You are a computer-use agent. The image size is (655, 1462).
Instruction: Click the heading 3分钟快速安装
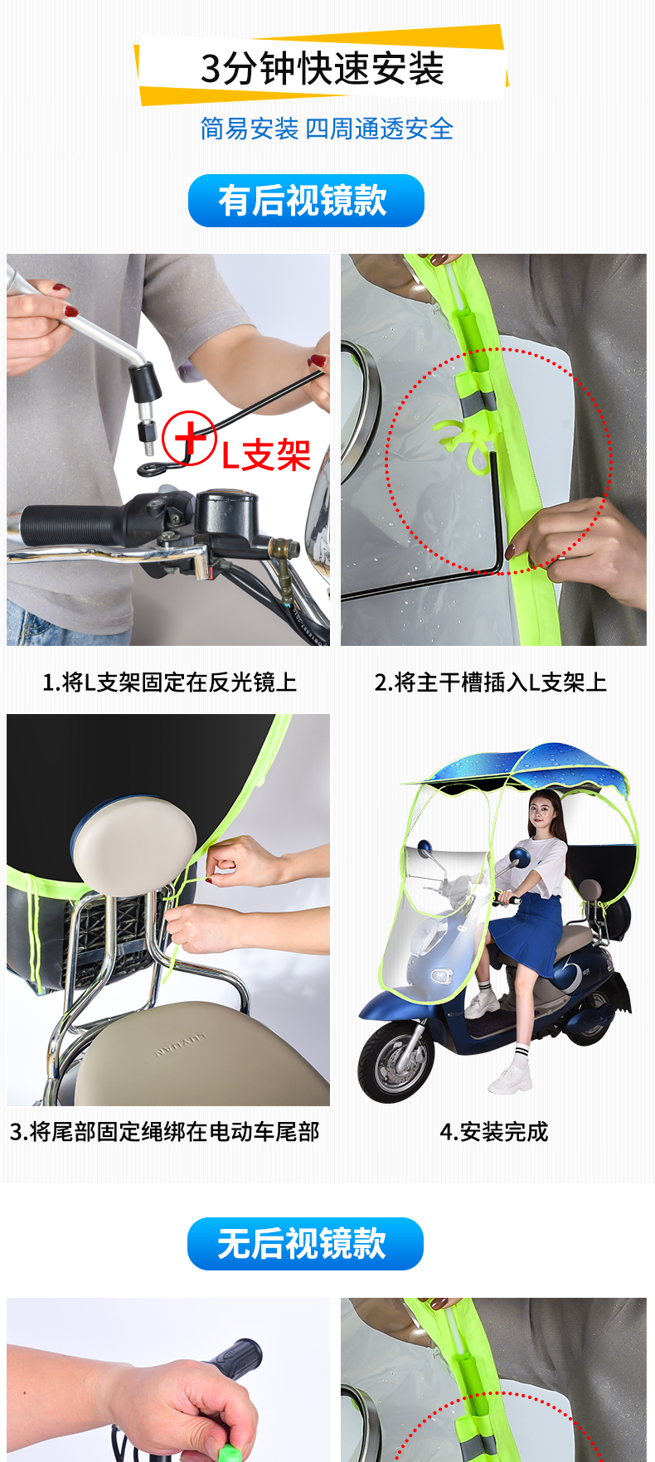323,69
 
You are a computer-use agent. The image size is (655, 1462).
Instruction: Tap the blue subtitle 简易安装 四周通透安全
327,129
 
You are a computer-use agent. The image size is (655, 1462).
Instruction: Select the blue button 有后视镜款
306,201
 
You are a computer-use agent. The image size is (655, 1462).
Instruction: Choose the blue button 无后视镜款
305,1243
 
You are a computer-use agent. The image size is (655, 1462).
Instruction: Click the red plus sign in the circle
190,437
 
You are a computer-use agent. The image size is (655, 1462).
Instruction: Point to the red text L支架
265,454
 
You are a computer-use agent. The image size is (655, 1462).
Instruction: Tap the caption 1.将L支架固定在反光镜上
169,682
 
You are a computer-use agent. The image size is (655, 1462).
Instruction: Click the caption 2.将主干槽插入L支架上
491,682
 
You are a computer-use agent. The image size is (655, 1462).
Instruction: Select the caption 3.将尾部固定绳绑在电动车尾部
165,1131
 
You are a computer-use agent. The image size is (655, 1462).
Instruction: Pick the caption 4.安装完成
494,1131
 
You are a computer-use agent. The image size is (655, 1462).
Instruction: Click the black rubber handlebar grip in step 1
70,523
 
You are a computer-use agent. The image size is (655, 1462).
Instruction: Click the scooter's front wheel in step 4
395,1061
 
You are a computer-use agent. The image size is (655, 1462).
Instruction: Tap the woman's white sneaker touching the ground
509,1078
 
